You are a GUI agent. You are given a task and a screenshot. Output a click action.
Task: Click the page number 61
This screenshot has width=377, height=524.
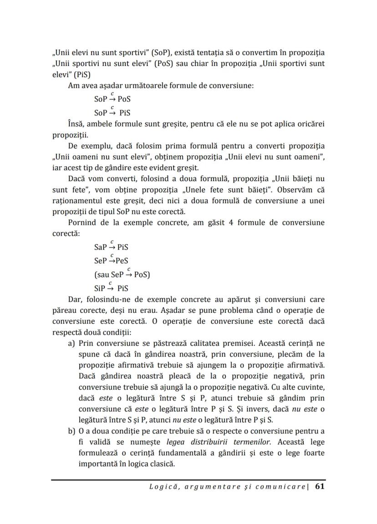(x=320, y=486)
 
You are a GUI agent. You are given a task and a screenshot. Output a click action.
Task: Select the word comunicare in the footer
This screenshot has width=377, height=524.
(x=280, y=487)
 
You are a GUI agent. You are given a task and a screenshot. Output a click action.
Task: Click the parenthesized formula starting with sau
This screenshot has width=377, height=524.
(x=122, y=275)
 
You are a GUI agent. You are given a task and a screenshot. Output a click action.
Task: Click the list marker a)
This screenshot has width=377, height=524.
(x=71, y=343)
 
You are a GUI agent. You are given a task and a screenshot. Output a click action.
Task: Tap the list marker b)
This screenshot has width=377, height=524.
(x=71, y=431)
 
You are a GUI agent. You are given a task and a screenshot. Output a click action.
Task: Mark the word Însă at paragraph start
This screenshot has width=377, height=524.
(x=76, y=124)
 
